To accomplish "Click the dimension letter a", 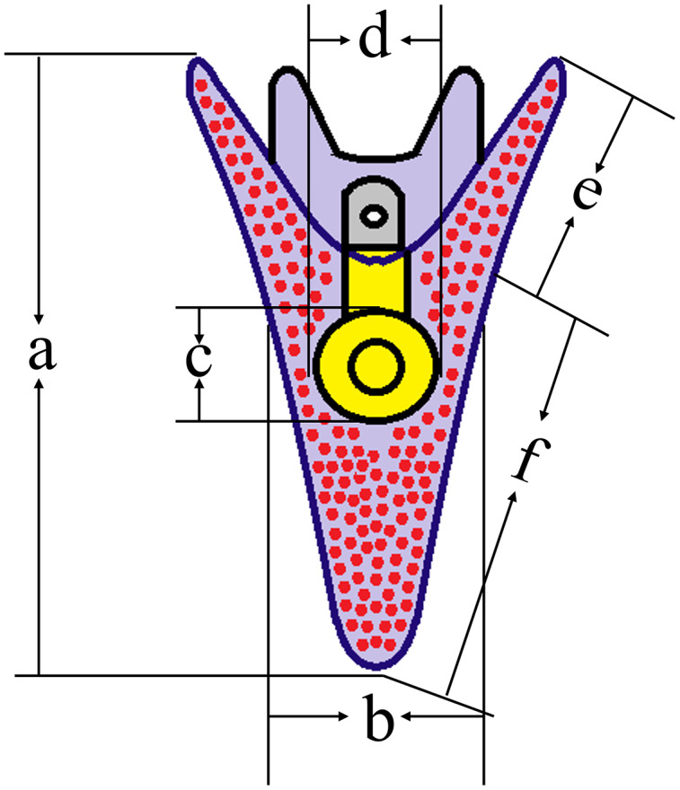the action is (x=42, y=352).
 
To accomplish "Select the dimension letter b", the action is (x=378, y=717).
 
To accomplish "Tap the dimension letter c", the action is (x=199, y=360).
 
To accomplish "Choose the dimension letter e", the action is (x=587, y=191).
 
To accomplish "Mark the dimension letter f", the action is (x=532, y=459).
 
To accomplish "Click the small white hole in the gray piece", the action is (x=374, y=216).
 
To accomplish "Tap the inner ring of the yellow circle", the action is (x=376, y=365).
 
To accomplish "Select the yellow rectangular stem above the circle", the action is (x=374, y=282).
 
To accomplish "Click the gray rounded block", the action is (x=374, y=212).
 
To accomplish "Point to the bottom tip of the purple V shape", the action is (x=375, y=669).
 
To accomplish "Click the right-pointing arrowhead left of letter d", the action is (x=344, y=39).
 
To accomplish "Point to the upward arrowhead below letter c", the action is (x=199, y=385).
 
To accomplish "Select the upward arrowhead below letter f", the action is (x=513, y=498).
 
